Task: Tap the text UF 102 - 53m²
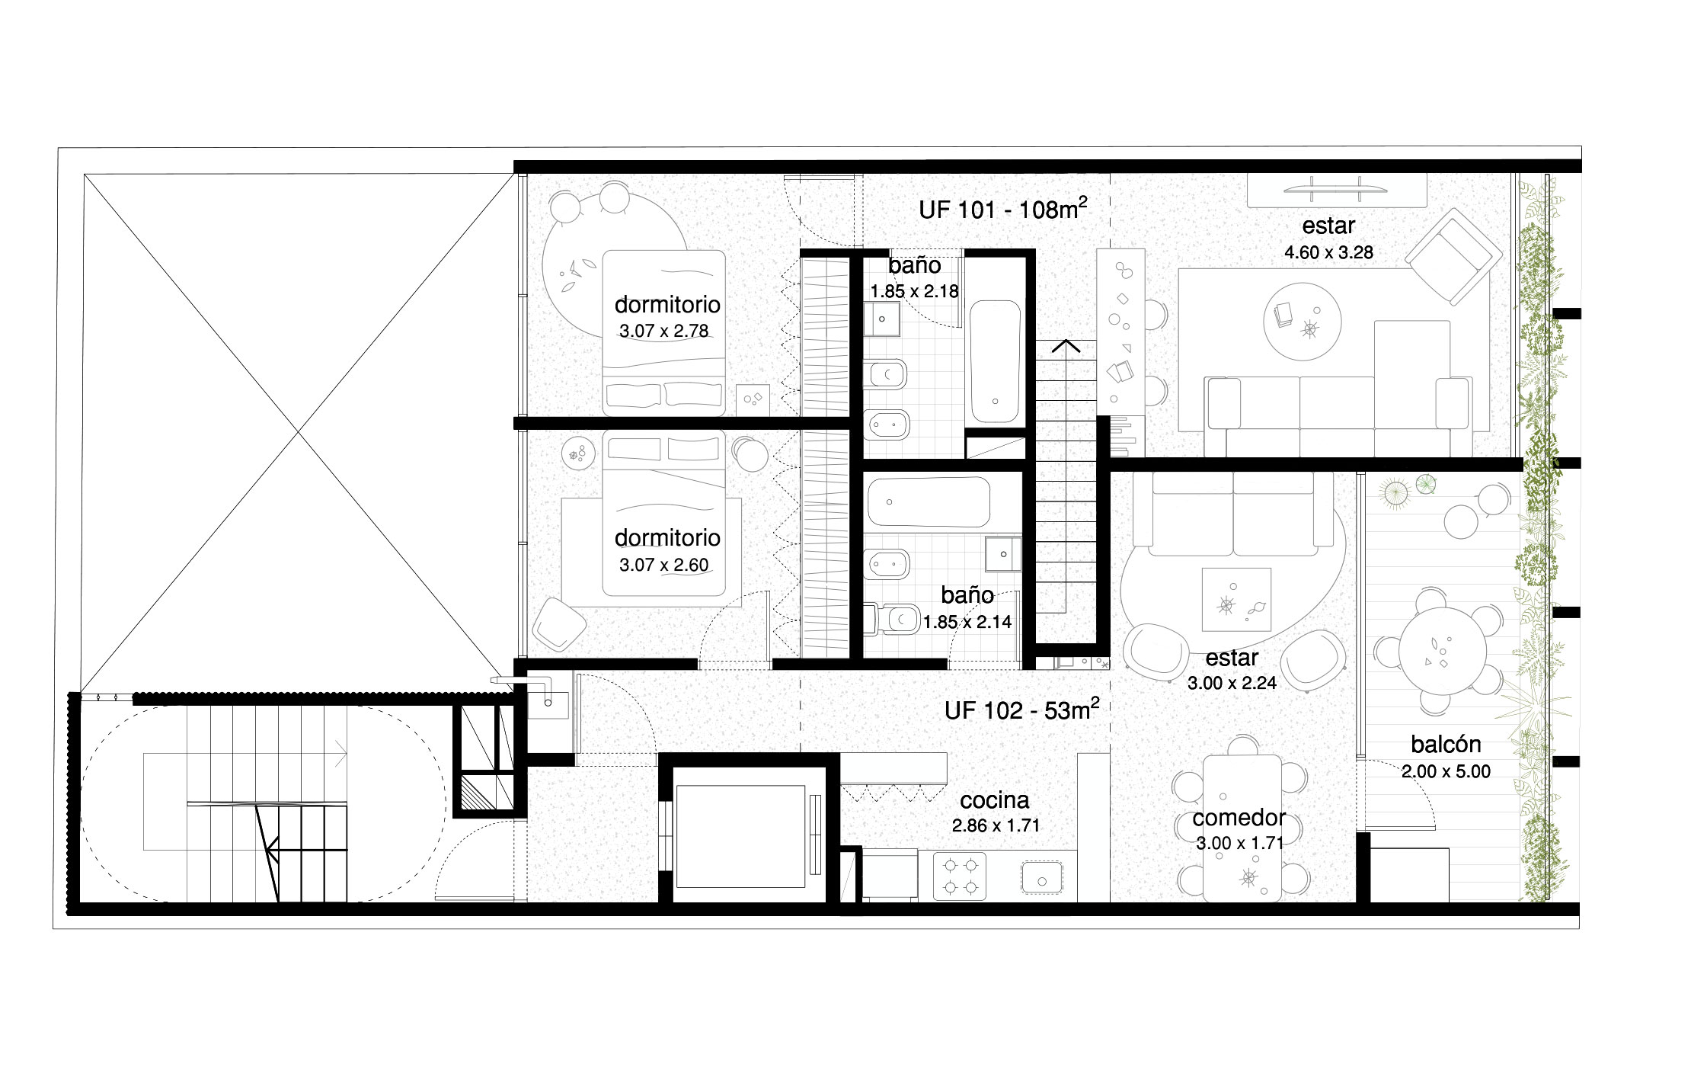[x=1021, y=710]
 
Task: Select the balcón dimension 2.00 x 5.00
[x=1446, y=771]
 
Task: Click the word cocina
[x=994, y=799]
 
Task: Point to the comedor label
[x=1239, y=818]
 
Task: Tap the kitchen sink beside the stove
[x=1042, y=878]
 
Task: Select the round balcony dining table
[x=1442, y=652]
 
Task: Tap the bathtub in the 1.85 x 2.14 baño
[x=928, y=501]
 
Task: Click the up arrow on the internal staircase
[x=1066, y=346]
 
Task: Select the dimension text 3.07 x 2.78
[x=663, y=332]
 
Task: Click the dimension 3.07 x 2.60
[x=663, y=566]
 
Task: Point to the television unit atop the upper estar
[x=1336, y=190]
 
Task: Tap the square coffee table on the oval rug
[x=1235, y=600]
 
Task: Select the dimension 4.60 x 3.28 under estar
[x=1328, y=252]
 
